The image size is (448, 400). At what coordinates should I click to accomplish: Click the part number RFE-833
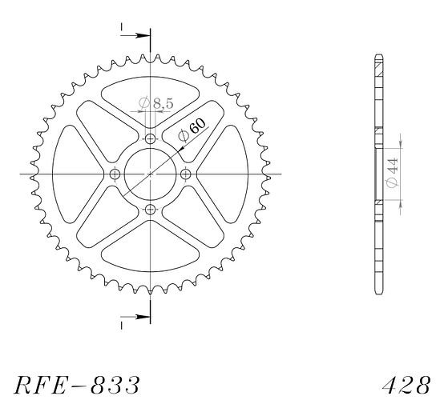click(x=77, y=385)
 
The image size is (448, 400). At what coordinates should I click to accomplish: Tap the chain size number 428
click(x=406, y=385)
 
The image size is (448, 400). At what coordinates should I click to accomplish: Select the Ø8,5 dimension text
click(x=156, y=103)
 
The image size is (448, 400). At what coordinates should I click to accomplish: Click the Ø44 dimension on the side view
click(x=392, y=173)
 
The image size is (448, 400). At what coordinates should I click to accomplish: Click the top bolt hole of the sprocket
click(x=151, y=139)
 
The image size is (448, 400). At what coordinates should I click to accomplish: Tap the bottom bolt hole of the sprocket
click(x=151, y=210)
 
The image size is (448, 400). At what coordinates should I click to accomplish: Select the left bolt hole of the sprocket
click(x=115, y=174)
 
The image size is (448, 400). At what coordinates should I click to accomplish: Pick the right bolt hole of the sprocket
click(x=186, y=174)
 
